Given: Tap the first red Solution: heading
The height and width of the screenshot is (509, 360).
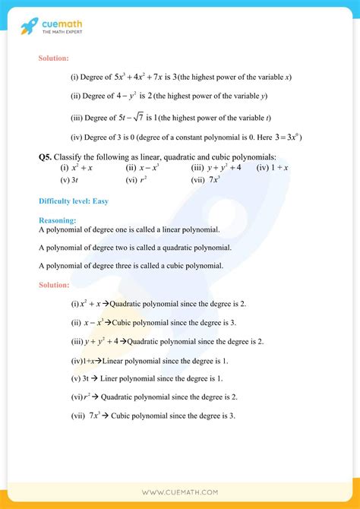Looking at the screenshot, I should (x=54, y=58).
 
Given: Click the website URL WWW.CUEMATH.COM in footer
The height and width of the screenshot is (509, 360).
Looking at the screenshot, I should (x=180, y=492).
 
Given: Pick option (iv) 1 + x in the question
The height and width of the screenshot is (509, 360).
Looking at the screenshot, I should (x=272, y=167).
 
